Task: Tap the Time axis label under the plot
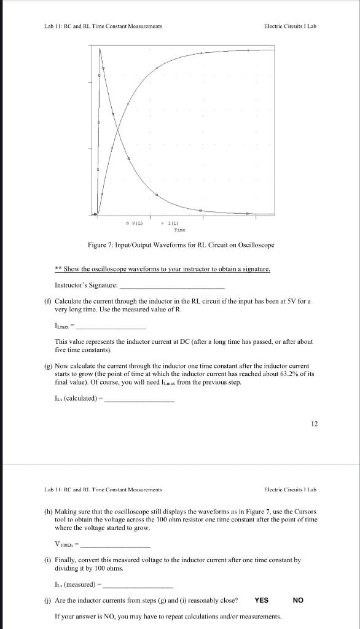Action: [180, 229]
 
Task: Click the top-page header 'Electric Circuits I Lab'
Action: [290, 26]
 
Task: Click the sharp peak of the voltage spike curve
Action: [100, 49]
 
